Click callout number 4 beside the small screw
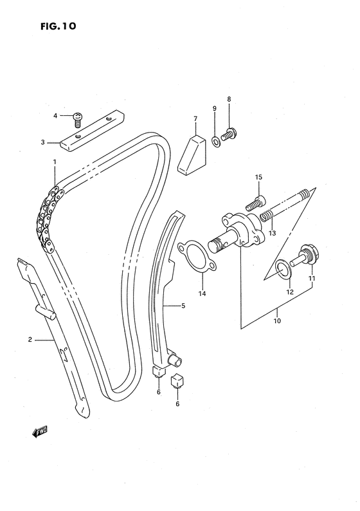click(x=56, y=116)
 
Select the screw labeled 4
click(x=78, y=117)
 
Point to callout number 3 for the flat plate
click(x=43, y=142)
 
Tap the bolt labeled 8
click(x=228, y=135)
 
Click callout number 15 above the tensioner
click(x=258, y=177)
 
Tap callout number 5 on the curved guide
click(x=183, y=306)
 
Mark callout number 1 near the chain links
click(x=55, y=162)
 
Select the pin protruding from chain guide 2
click(x=49, y=311)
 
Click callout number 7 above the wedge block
click(x=195, y=118)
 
